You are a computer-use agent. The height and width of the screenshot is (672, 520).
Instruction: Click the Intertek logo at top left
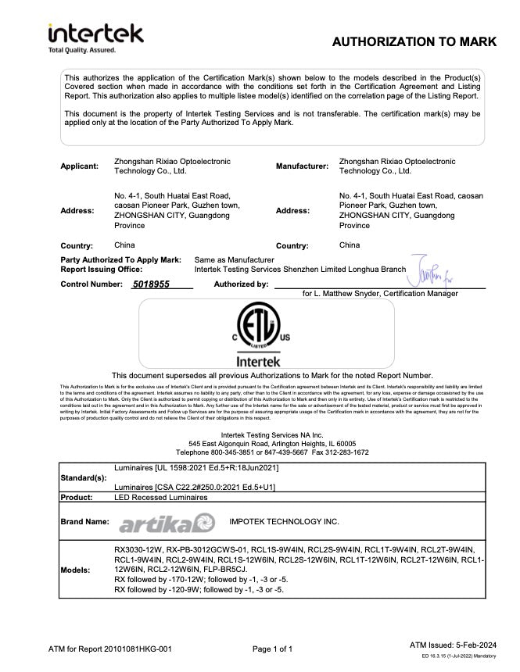pos(95,37)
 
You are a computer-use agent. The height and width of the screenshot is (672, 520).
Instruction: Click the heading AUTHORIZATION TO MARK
pos(414,41)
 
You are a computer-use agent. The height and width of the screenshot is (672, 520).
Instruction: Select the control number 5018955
pos(151,284)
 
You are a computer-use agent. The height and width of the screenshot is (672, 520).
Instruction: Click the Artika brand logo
pos(166,521)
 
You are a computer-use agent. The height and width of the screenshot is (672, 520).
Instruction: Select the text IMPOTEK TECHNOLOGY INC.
pos(284,520)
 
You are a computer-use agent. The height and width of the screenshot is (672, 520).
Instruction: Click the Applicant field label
pos(80,166)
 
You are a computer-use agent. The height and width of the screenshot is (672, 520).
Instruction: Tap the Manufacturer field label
pos(302,166)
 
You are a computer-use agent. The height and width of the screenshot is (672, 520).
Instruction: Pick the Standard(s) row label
pos(84,477)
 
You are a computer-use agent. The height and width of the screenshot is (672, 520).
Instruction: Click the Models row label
pos(76,570)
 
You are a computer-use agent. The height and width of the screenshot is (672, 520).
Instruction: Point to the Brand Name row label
pos(84,521)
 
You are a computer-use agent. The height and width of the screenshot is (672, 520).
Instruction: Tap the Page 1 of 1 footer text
pos(273,649)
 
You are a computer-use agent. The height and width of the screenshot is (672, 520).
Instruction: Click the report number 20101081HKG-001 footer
pos(110,649)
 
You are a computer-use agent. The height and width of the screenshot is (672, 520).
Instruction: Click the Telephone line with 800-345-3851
pos(272,452)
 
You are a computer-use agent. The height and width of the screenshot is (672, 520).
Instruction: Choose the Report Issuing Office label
pos(102,269)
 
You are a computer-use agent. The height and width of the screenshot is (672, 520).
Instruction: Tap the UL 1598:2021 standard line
pos(196,468)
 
